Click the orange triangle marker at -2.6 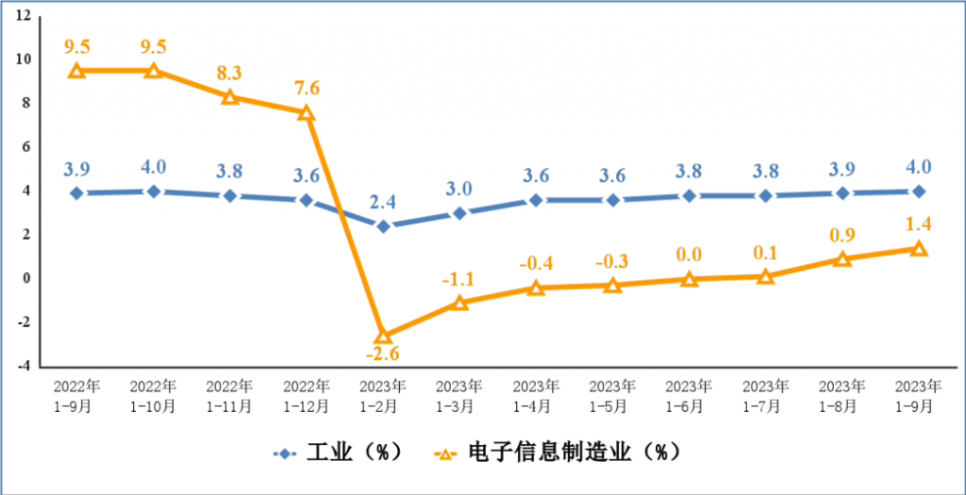383,336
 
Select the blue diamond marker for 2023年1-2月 383,226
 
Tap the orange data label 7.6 307,89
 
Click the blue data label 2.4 383,201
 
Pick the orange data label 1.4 918,223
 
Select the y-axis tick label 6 25,147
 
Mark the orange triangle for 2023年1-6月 689,279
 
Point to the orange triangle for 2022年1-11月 229,96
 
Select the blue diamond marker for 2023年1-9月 918,191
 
